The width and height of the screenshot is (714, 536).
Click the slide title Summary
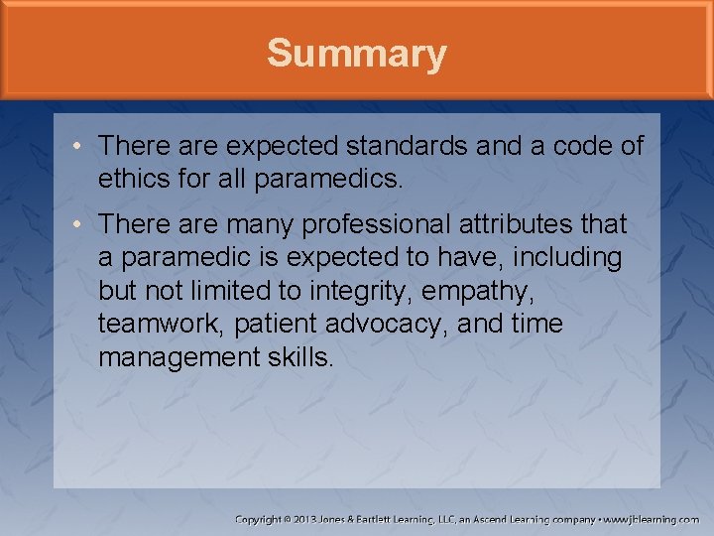tap(356, 54)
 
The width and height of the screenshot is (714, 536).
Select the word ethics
tap(132, 179)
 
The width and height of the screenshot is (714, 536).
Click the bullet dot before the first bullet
tap(76, 147)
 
